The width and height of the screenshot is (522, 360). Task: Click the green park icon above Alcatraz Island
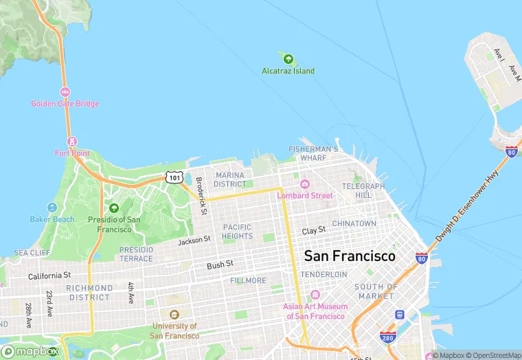click(x=288, y=59)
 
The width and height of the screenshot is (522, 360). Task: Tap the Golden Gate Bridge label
click(x=65, y=104)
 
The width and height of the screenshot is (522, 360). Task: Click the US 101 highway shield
click(x=174, y=177)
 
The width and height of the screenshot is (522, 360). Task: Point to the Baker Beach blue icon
click(x=52, y=207)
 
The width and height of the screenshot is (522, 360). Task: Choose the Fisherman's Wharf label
click(x=313, y=153)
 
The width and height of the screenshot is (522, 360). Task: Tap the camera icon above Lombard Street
click(x=305, y=184)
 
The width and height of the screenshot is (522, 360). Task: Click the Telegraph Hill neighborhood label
click(x=363, y=190)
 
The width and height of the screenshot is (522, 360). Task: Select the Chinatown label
click(x=354, y=223)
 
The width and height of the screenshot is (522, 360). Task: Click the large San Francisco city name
click(x=350, y=256)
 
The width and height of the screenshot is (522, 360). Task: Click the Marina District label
click(x=229, y=180)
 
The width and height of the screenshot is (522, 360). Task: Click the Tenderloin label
click(x=324, y=274)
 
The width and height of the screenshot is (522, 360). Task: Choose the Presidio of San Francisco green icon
click(x=114, y=208)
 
